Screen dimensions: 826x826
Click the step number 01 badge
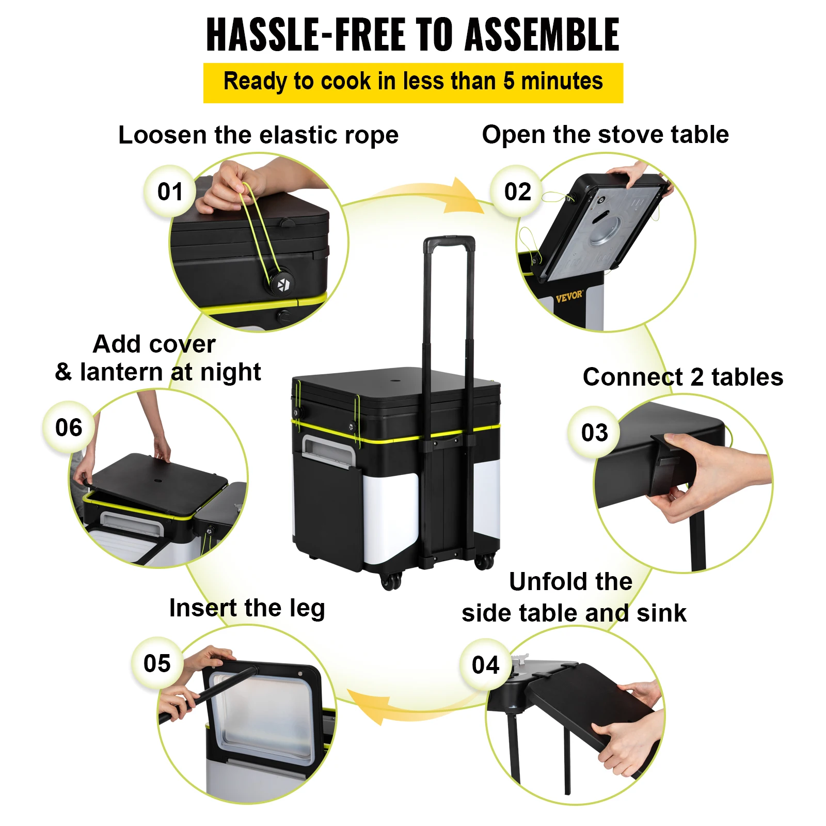click(x=170, y=192)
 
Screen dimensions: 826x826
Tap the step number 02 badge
click(x=517, y=192)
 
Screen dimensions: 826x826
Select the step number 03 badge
click(x=594, y=433)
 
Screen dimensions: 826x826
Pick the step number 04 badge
click(x=485, y=665)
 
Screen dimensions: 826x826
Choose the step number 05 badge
click(x=157, y=663)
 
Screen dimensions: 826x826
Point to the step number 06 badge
click(x=69, y=427)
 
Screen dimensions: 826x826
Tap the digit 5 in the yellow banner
click(x=509, y=82)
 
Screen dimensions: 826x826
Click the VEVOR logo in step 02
click(x=568, y=297)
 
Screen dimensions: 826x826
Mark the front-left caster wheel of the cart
click(x=391, y=581)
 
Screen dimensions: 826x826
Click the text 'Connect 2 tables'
click(x=682, y=377)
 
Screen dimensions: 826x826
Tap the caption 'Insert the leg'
click(x=247, y=608)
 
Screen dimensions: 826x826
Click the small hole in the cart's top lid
click(x=395, y=381)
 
